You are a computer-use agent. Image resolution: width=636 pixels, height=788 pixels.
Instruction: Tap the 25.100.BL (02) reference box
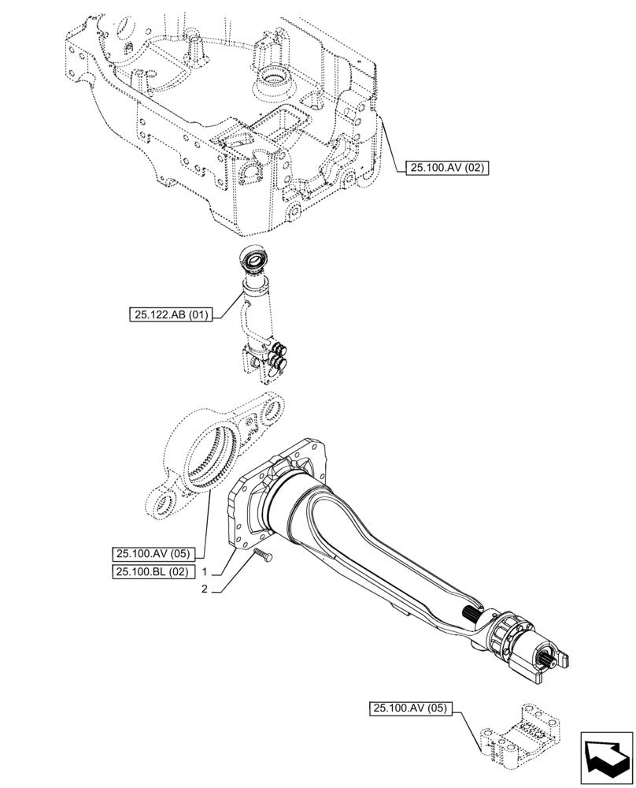(x=153, y=572)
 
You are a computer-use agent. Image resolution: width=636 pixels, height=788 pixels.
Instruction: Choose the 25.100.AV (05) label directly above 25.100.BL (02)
(x=153, y=552)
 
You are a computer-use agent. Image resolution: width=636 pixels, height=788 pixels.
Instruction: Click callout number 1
(x=204, y=572)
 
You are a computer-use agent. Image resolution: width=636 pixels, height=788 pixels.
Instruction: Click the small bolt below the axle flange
(x=263, y=557)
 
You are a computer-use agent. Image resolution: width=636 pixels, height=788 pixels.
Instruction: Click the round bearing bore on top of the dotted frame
(x=272, y=79)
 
